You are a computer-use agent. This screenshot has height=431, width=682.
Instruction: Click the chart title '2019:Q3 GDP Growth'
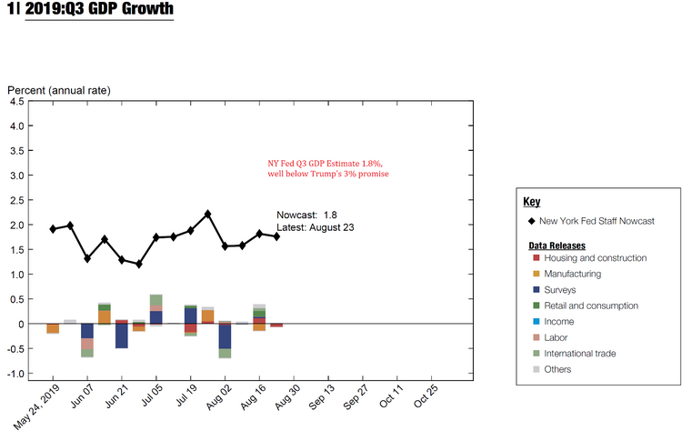pyautogui.click(x=99, y=10)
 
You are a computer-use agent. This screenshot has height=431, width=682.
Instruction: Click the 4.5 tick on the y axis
pyautogui.click(x=17, y=102)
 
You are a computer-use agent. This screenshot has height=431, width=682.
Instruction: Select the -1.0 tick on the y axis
pyautogui.click(x=15, y=374)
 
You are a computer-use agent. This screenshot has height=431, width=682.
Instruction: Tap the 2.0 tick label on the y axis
pyautogui.click(x=17, y=226)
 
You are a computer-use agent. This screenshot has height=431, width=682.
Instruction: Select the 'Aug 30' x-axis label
pyautogui.click(x=288, y=400)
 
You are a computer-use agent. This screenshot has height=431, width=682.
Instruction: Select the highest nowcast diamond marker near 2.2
pyautogui.click(x=208, y=214)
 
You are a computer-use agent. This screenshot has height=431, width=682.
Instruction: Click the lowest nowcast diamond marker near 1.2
pyautogui.click(x=139, y=264)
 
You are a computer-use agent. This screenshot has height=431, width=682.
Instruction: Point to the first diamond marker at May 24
pyautogui.click(x=53, y=229)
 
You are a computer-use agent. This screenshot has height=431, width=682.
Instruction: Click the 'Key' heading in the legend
pyautogui.click(x=532, y=202)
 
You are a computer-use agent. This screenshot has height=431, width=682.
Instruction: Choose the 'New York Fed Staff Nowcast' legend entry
pyautogui.click(x=597, y=222)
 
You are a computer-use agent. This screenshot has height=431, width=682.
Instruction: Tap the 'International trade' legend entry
pyautogui.click(x=584, y=353)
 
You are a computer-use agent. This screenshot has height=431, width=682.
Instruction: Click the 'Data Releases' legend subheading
pyautogui.click(x=557, y=246)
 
